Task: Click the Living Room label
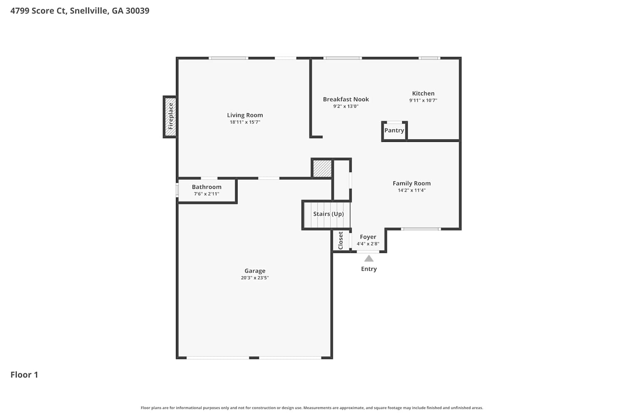pyautogui.click(x=245, y=115)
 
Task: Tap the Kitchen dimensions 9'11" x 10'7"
pyautogui.click(x=423, y=100)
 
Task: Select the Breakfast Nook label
pyautogui.click(x=346, y=99)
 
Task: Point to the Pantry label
pyautogui.click(x=394, y=130)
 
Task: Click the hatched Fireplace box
pyautogui.click(x=170, y=117)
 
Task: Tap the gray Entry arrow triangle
pyautogui.click(x=369, y=259)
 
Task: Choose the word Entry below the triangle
pyautogui.click(x=369, y=269)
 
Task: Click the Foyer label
pyautogui.click(x=368, y=237)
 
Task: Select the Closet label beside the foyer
pyautogui.click(x=340, y=240)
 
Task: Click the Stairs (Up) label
pyautogui.click(x=329, y=214)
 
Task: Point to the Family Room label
pyautogui.click(x=412, y=183)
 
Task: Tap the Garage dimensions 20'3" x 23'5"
pyautogui.click(x=255, y=278)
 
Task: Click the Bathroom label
pyautogui.click(x=207, y=187)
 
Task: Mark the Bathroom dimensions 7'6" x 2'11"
pyautogui.click(x=207, y=194)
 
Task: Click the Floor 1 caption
pyautogui.click(x=24, y=375)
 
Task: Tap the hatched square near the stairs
pyautogui.click(x=322, y=168)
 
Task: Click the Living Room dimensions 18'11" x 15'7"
pyautogui.click(x=245, y=122)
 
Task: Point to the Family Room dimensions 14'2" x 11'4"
pyautogui.click(x=412, y=190)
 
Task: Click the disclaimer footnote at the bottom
pyautogui.click(x=312, y=408)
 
